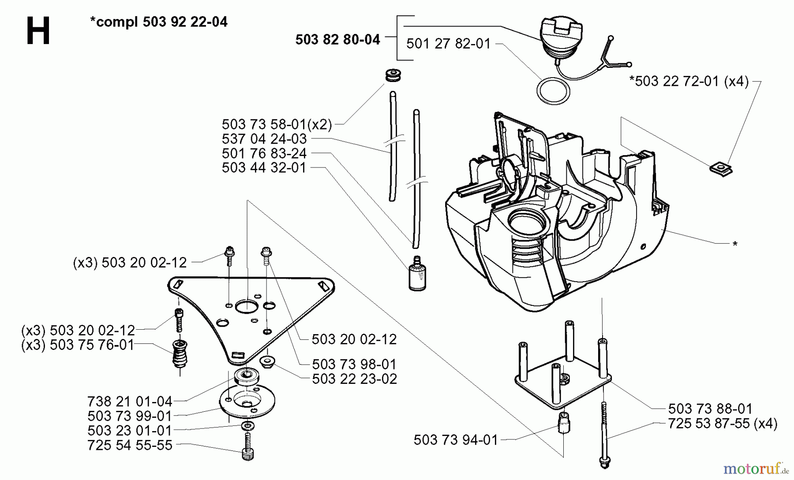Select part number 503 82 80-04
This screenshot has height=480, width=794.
337,40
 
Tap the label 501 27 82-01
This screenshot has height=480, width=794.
448,44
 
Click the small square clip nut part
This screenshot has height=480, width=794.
721,169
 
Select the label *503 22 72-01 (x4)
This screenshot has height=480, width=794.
689,81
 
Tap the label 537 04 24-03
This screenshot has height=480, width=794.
264,139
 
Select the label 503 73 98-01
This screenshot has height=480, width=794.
354,365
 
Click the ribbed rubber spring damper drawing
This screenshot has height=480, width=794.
180,353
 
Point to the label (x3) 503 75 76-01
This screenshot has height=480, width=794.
78,345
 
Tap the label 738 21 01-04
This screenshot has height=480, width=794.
129,402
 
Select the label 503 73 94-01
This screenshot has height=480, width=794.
455,439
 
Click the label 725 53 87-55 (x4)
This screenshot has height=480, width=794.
723,424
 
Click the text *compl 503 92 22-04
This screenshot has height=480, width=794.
158,22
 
